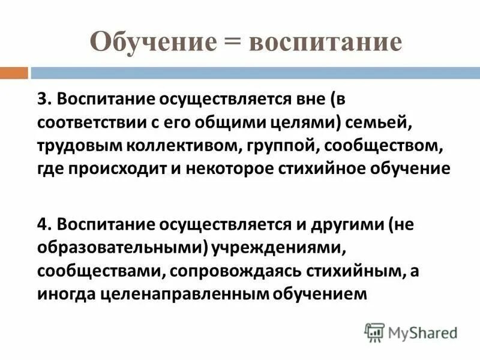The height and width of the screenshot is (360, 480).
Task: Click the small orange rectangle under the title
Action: pos(14,73)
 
